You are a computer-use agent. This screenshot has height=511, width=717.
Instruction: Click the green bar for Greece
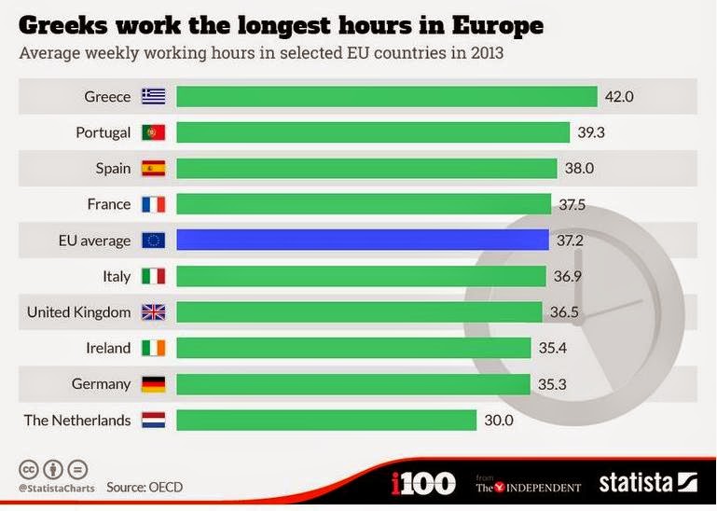pos(387,97)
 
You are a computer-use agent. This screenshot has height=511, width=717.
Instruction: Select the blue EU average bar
pos(363,240)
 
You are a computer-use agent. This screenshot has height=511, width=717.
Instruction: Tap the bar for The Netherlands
pos(326,420)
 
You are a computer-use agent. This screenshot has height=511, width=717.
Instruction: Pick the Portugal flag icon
pos(153,132)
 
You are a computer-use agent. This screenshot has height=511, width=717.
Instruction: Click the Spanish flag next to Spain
pos(153,169)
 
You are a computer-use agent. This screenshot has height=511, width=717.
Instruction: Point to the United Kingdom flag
pos(153,312)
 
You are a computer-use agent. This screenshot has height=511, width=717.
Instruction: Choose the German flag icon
pos(153,384)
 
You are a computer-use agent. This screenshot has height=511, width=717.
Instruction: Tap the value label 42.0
pos(619,97)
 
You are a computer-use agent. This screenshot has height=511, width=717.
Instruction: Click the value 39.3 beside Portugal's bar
pos(591,132)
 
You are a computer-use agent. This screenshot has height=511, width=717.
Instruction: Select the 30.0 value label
pos(499,420)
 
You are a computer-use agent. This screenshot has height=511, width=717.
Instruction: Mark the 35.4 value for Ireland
pos(552,348)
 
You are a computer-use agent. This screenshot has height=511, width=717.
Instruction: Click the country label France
pos(109,204)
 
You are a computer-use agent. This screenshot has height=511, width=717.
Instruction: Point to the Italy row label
pos(117,277)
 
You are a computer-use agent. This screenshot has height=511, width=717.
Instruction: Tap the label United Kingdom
pos(78,312)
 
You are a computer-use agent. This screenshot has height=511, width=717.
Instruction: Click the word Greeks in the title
pos(63,25)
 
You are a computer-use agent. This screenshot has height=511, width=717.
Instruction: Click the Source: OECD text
pos(145,487)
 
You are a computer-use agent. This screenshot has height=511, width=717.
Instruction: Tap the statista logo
pos(648,483)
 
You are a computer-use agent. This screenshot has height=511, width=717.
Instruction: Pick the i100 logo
pos(423,483)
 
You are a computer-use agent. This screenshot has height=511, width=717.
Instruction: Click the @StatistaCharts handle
pos(57,488)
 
